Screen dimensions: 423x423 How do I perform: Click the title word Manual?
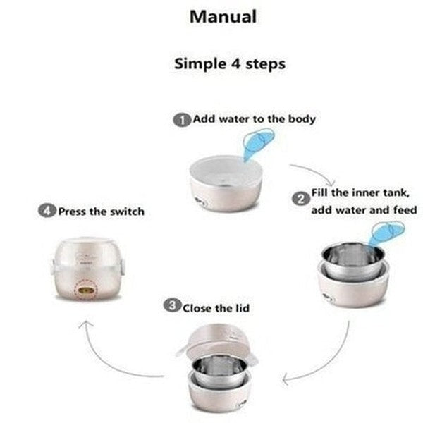222,17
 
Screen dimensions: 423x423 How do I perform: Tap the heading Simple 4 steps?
230,63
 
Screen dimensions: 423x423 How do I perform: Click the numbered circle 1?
181,120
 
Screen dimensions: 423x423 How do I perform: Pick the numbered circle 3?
171,306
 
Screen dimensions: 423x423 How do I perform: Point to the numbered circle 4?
47,211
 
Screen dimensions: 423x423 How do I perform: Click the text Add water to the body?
253,119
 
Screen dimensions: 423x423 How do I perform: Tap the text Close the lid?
216,307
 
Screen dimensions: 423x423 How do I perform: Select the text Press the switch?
100,211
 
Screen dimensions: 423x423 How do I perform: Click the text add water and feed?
363,211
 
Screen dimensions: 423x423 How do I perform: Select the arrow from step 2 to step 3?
321,360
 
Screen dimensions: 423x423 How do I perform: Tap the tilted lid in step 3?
219,338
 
